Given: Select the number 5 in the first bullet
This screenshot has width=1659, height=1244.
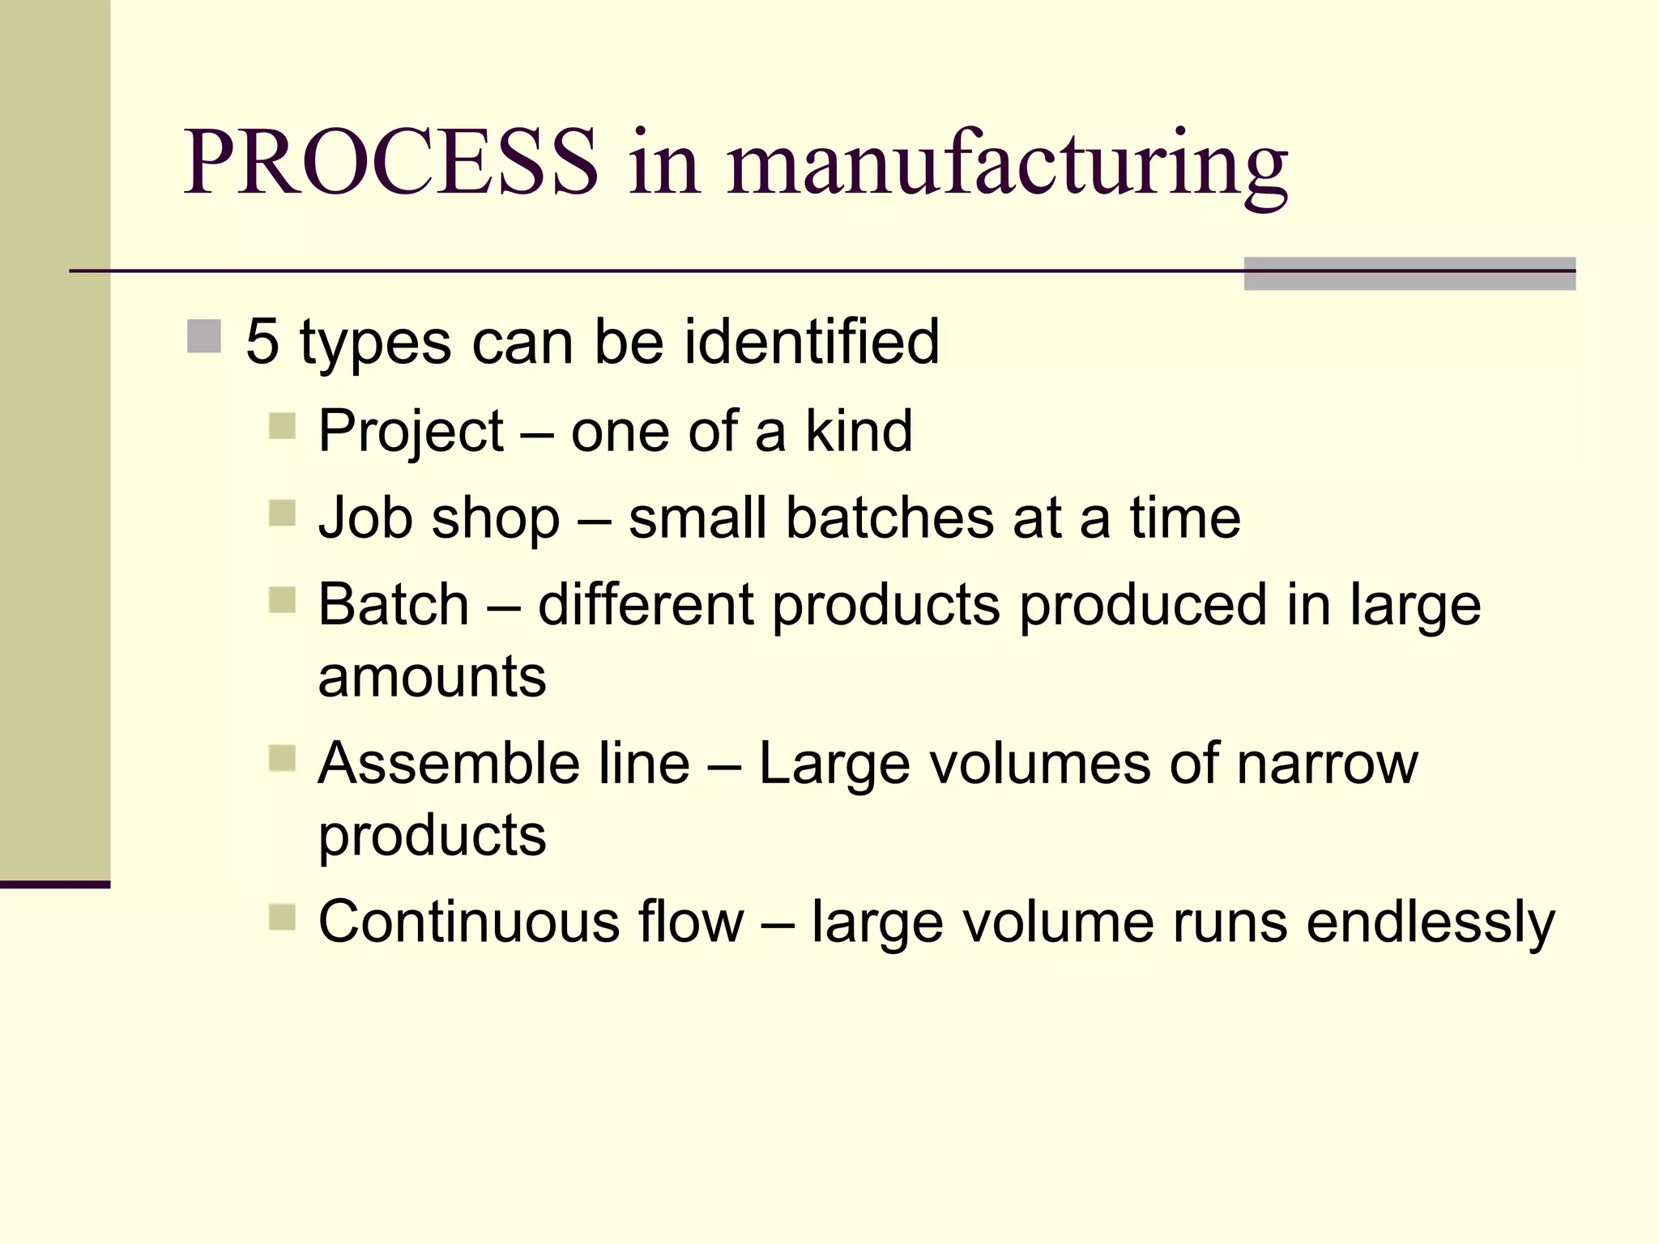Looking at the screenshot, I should (x=262, y=342).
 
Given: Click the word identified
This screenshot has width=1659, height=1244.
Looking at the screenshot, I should (x=812, y=342).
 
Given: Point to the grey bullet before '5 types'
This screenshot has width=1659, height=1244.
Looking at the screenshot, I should (x=204, y=336).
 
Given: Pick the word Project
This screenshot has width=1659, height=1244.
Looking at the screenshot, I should (x=411, y=432).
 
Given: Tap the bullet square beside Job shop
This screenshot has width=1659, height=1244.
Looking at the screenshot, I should (x=282, y=513).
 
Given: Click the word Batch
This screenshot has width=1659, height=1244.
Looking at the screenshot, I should (x=394, y=604).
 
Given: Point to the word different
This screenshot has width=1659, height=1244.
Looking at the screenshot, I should (x=646, y=604).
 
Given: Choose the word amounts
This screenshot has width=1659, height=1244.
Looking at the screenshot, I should (x=432, y=677).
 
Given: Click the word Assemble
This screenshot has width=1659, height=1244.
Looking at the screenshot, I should (x=449, y=763).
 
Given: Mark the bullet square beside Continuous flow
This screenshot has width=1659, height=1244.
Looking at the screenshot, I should (x=282, y=918).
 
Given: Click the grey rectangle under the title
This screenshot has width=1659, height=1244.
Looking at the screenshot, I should (x=1410, y=274).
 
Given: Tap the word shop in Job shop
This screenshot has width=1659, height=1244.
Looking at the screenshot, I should (x=496, y=519).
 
